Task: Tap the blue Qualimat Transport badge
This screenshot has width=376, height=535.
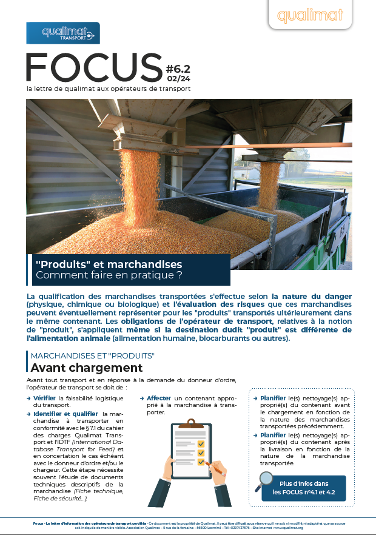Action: click(x=62, y=33)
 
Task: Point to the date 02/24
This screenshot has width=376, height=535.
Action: click(x=178, y=79)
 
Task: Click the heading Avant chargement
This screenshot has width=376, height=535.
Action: click(x=86, y=368)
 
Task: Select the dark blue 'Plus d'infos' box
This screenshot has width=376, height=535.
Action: click(x=303, y=488)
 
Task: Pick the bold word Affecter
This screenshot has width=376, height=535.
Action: click(x=159, y=398)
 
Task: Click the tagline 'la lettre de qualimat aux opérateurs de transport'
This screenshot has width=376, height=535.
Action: click(x=109, y=89)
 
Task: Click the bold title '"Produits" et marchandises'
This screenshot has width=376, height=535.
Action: click(x=109, y=265)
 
